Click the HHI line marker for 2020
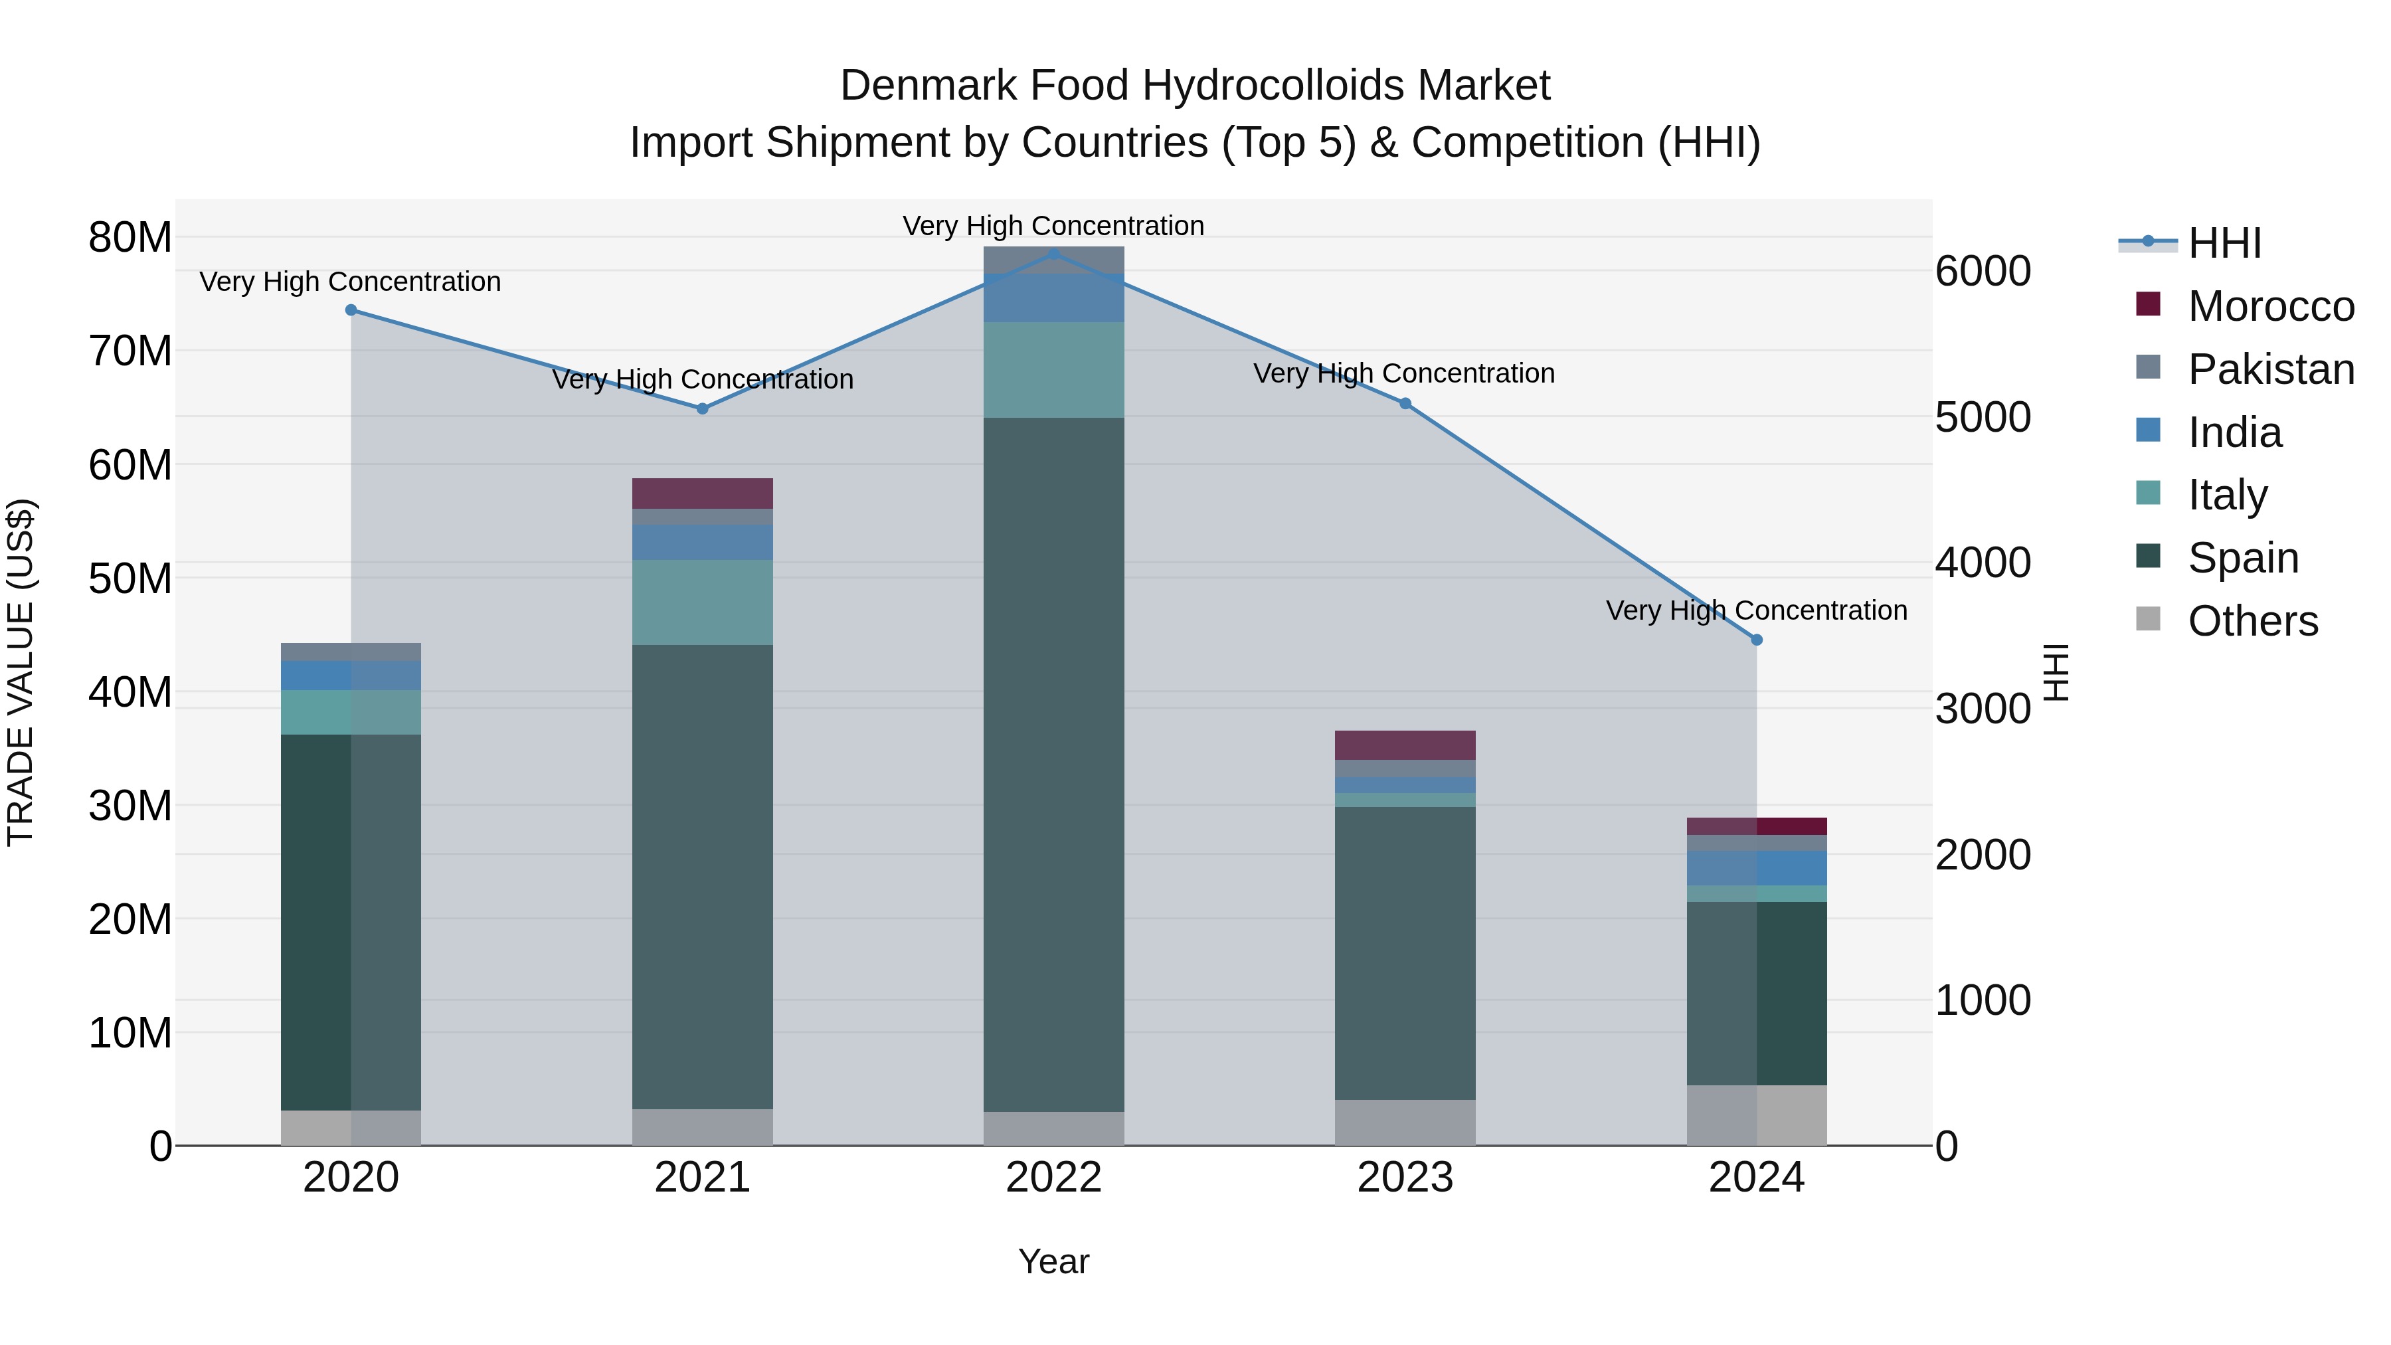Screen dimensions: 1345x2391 click(x=351, y=310)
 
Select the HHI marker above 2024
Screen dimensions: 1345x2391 click(x=1756, y=640)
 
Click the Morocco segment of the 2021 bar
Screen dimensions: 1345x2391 click(x=703, y=493)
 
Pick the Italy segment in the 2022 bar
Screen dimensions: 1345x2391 click(x=1053, y=369)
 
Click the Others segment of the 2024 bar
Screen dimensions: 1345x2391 click(x=1756, y=1115)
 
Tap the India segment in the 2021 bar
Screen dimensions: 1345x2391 click(x=703, y=542)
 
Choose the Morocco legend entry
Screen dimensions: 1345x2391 click(x=2269, y=306)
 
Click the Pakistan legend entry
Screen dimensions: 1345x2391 click(x=2269, y=369)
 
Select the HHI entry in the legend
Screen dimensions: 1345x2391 click(x=2224, y=243)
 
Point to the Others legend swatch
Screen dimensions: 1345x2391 click(x=2148, y=619)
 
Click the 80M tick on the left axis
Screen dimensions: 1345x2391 click(x=130, y=238)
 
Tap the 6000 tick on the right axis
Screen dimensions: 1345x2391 click(x=1983, y=271)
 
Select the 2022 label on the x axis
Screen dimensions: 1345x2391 click(x=1053, y=1178)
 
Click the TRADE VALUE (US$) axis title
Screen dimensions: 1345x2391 click(x=21, y=672)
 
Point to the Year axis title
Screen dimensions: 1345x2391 click(x=1053, y=1261)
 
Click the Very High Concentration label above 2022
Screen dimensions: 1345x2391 click(x=1053, y=226)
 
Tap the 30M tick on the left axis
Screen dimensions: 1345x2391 click(x=130, y=806)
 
